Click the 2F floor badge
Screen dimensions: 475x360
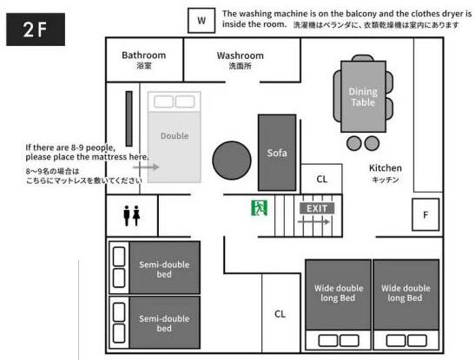(x=36, y=29)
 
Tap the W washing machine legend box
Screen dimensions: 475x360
(x=201, y=21)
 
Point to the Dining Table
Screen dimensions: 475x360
(x=363, y=96)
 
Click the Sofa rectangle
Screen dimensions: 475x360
(x=277, y=153)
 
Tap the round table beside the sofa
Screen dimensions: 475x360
(x=232, y=160)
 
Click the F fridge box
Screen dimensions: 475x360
(x=426, y=214)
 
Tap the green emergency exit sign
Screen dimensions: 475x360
(x=259, y=208)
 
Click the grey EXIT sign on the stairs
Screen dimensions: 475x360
(x=317, y=208)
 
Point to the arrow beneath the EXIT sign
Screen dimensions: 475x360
(x=313, y=222)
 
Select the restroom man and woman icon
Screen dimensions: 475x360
(x=131, y=216)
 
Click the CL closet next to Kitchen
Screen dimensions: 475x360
(x=321, y=179)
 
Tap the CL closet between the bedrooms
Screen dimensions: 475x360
(x=280, y=313)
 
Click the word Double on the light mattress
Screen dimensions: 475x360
(x=175, y=136)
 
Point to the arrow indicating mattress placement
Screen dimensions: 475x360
(x=146, y=167)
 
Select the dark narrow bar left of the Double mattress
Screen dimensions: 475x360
(x=129, y=119)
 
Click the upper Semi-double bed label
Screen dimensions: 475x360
(x=164, y=269)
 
